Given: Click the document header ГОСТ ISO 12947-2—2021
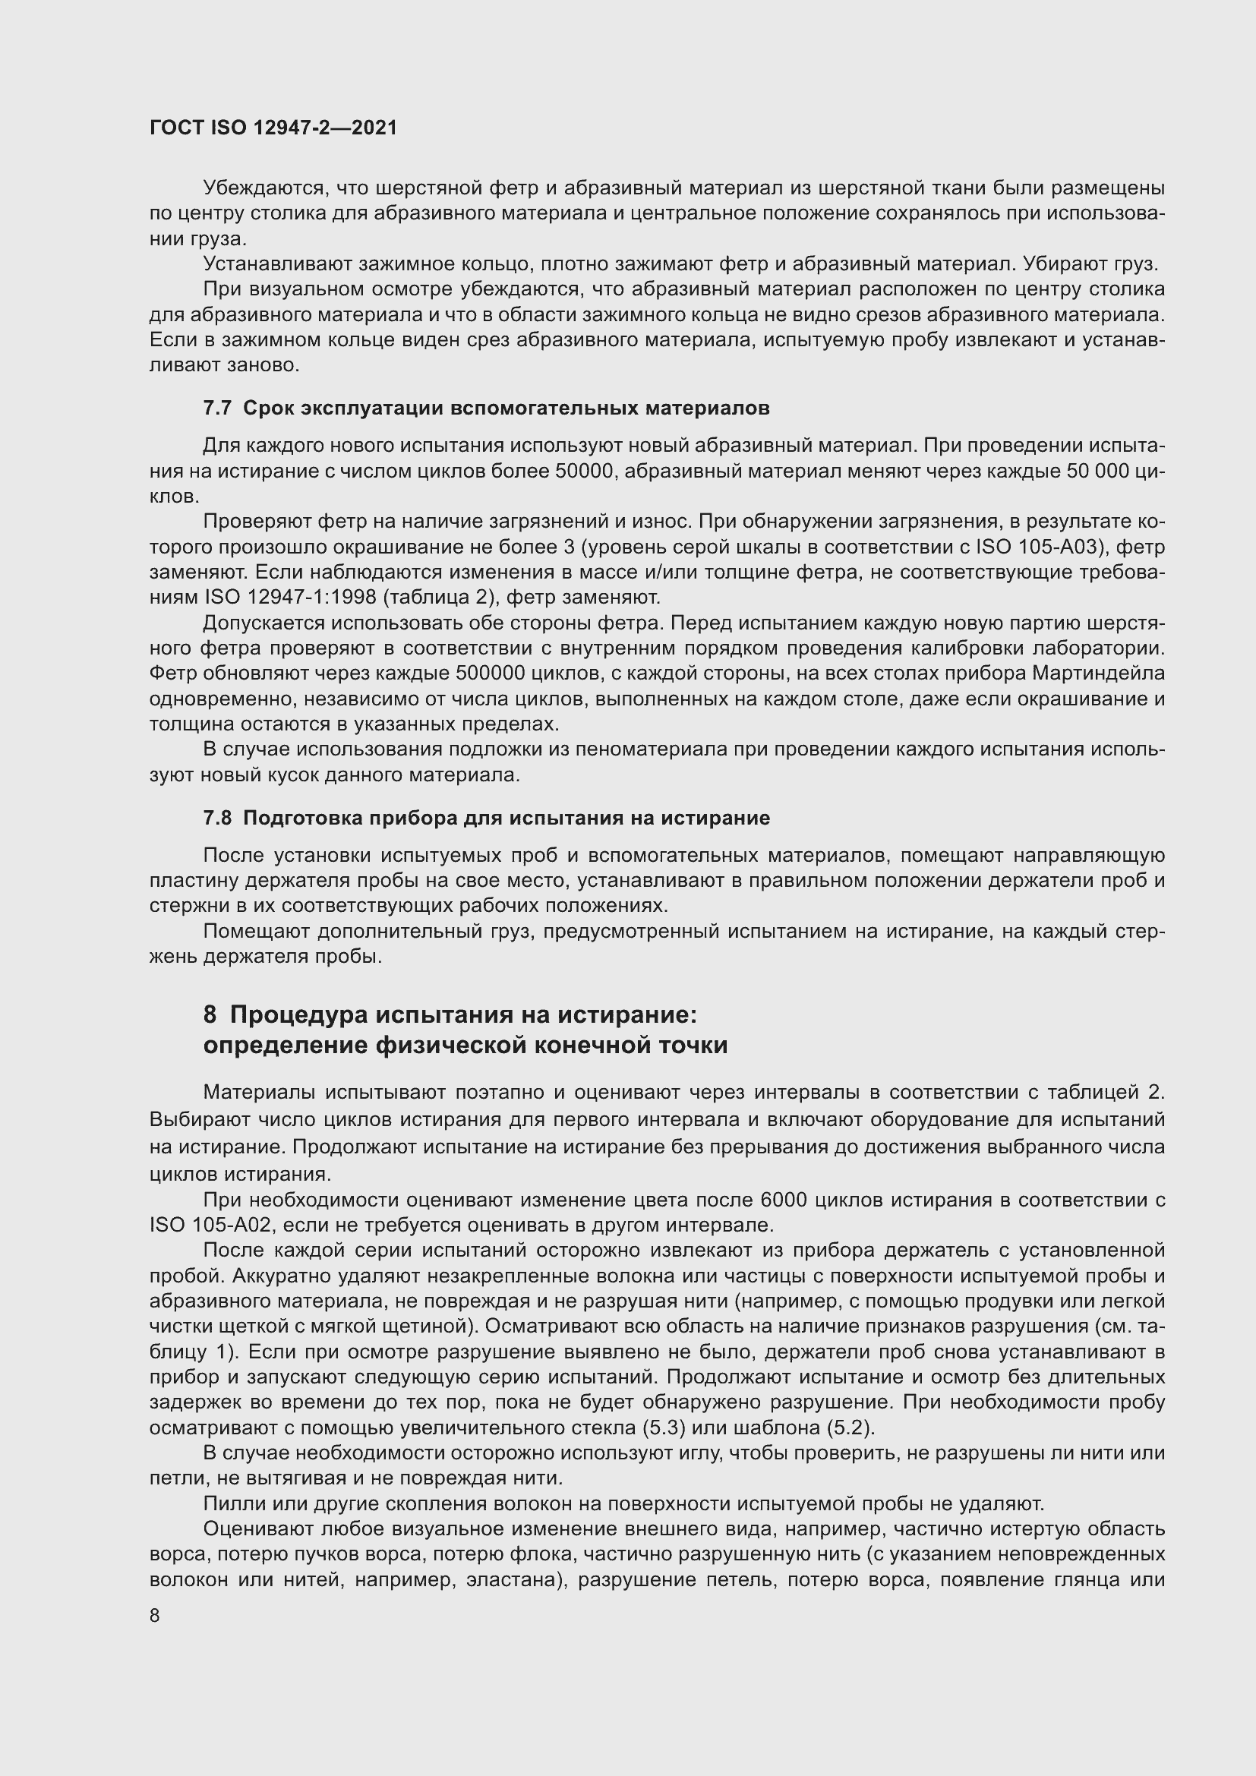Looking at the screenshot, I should tap(273, 128).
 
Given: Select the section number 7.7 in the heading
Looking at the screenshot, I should tap(217, 409).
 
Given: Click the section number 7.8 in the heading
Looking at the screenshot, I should tap(217, 818).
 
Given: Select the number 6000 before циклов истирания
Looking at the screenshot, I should tap(784, 1200).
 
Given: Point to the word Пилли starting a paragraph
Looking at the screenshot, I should tap(227, 1503).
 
